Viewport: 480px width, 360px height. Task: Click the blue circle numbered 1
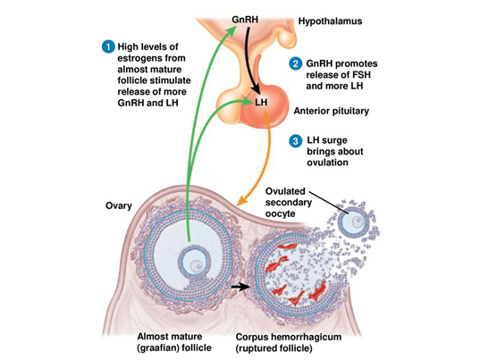point(108,47)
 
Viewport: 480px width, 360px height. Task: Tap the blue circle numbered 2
point(295,64)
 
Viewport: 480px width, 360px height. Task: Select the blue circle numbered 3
point(295,141)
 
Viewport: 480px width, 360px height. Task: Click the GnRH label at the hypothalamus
point(245,20)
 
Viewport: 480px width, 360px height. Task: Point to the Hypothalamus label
point(330,21)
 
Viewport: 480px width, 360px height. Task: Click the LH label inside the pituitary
point(261,102)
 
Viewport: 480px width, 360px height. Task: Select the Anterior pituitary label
point(332,111)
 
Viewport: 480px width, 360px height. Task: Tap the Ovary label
point(119,205)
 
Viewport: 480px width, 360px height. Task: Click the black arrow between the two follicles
point(240,287)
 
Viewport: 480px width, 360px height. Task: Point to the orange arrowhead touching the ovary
point(242,201)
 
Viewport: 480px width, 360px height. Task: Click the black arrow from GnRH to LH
point(253,58)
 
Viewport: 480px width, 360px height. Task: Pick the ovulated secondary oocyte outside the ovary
point(352,222)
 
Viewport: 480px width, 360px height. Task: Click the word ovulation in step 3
point(327,162)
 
